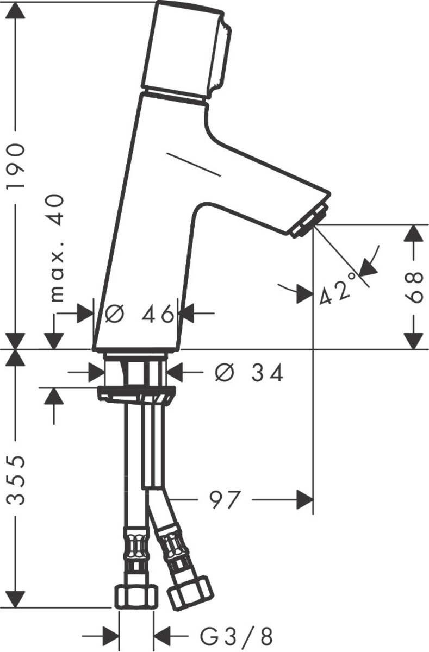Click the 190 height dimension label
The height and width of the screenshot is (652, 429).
point(16,166)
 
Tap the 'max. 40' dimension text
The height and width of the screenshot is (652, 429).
point(57,248)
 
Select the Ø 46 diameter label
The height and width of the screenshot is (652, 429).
point(140,314)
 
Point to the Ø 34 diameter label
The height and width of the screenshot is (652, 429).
point(249,373)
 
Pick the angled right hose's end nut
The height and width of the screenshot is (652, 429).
point(189,593)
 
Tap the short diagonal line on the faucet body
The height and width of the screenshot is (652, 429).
point(194,165)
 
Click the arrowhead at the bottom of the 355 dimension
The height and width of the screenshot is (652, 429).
point(16,598)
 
